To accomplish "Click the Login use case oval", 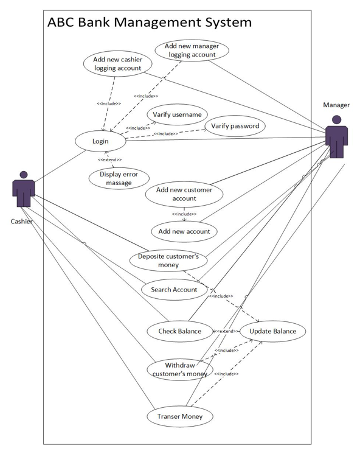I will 100,141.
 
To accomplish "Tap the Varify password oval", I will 235,126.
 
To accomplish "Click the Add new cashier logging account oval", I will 117,64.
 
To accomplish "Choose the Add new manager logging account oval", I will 192,50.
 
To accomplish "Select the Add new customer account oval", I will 184,194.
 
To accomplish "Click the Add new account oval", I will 184,231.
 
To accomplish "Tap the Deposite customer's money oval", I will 168,260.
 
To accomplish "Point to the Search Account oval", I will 174,290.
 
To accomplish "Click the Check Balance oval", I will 180,331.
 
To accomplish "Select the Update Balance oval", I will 272,331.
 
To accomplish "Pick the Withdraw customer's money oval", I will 180,369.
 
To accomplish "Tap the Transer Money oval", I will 180,416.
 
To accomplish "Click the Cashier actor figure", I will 23,190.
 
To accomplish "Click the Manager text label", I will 336,105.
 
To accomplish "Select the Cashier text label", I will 22,221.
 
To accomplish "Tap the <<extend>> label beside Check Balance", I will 224,331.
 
